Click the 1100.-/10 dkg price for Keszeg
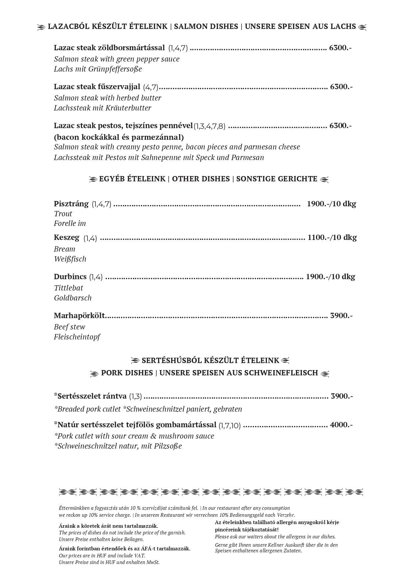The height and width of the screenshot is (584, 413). click(x=332, y=238)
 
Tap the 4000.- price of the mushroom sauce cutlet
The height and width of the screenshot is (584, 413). click(x=341, y=425)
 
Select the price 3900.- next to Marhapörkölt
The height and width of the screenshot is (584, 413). click(x=341, y=315)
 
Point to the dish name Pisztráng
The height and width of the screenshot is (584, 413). click(x=71, y=204)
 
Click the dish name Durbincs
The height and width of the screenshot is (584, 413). click(x=70, y=277)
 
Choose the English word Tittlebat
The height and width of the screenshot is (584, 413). click(x=69, y=288)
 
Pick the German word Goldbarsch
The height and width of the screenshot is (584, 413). click(x=73, y=298)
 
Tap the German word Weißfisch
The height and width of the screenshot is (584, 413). click(x=70, y=259)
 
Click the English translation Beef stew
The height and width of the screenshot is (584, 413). click(x=70, y=327)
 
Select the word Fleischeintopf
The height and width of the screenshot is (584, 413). click(x=77, y=337)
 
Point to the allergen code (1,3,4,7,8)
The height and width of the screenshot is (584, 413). click(x=210, y=126)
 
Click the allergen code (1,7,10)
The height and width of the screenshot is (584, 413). click(x=230, y=425)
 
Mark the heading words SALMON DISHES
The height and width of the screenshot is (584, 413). click(x=206, y=27)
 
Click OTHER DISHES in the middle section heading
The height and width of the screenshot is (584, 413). click(x=201, y=179)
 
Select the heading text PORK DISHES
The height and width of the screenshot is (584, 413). click(x=127, y=373)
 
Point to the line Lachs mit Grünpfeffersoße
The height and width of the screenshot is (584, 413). click(x=98, y=69)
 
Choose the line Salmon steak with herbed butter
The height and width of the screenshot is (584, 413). click(x=107, y=98)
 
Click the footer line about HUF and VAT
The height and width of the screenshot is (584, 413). click(x=102, y=555)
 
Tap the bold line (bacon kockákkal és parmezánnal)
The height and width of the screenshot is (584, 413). click(x=119, y=137)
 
